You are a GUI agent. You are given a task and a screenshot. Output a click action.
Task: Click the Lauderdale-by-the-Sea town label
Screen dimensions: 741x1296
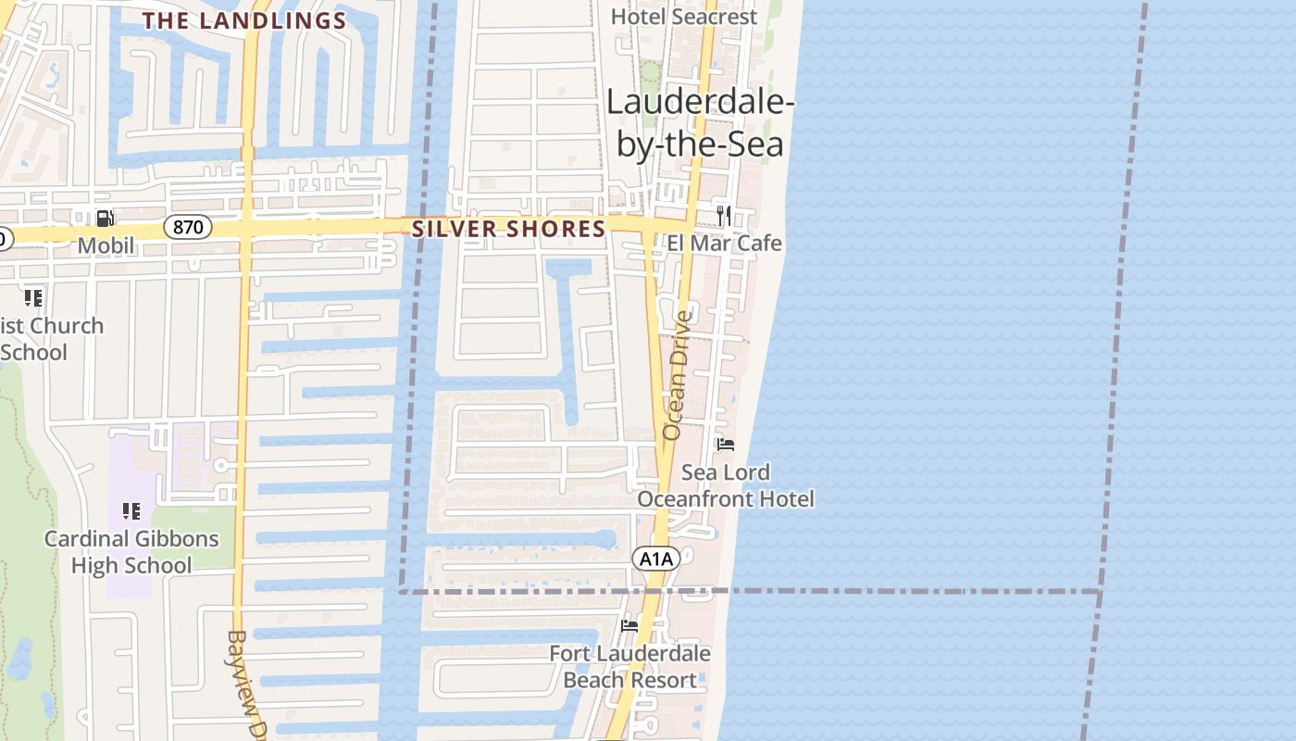click(x=700, y=124)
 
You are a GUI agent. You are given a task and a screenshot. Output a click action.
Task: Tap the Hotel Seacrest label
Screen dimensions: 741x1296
click(x=684, y=17)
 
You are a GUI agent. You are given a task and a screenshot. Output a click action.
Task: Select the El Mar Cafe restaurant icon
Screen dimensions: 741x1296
click(x=724, y=216)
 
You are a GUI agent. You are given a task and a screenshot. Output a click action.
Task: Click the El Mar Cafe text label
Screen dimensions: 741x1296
click(x=724, y=244)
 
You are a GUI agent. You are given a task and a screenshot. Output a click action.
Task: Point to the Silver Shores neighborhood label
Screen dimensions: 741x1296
click(x=508, y=229)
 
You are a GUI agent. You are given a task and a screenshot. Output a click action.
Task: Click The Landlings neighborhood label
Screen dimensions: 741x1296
click(x=244, y=20)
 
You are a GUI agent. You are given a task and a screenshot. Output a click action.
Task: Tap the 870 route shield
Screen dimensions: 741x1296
click(x=188, y=227)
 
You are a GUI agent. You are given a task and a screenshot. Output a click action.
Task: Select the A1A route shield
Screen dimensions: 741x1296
click(x=656, y=559)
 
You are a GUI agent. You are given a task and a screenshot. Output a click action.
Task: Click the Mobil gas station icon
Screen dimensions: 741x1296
click(x=106, y=219)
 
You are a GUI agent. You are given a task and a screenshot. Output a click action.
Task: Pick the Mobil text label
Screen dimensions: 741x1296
click(x=106, y=245)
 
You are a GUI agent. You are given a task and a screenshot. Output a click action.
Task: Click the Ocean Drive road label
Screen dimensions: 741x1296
click(x=678, y=375)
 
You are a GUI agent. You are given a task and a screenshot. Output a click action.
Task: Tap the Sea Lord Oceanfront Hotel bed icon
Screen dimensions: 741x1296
click(x=726, y=446)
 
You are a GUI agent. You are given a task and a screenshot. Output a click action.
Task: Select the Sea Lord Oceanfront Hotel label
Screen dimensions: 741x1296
click(x=726, y=485)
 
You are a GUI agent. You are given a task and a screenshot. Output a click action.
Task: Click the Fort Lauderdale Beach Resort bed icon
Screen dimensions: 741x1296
click(x=629, y=626)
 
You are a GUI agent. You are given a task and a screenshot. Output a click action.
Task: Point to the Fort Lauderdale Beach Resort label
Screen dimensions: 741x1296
click(x=629, y=667)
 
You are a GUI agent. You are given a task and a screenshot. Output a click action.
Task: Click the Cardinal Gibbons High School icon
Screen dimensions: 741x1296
click(x=131, y=511)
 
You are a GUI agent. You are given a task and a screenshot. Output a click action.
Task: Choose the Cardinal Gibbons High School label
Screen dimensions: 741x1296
click(x=131, y=552)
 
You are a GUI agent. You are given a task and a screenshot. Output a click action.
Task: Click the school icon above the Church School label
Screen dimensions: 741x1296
click(x=33, y=298)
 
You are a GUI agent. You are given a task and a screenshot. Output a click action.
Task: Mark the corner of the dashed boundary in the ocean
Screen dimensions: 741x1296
click(x=1101, y=591)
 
